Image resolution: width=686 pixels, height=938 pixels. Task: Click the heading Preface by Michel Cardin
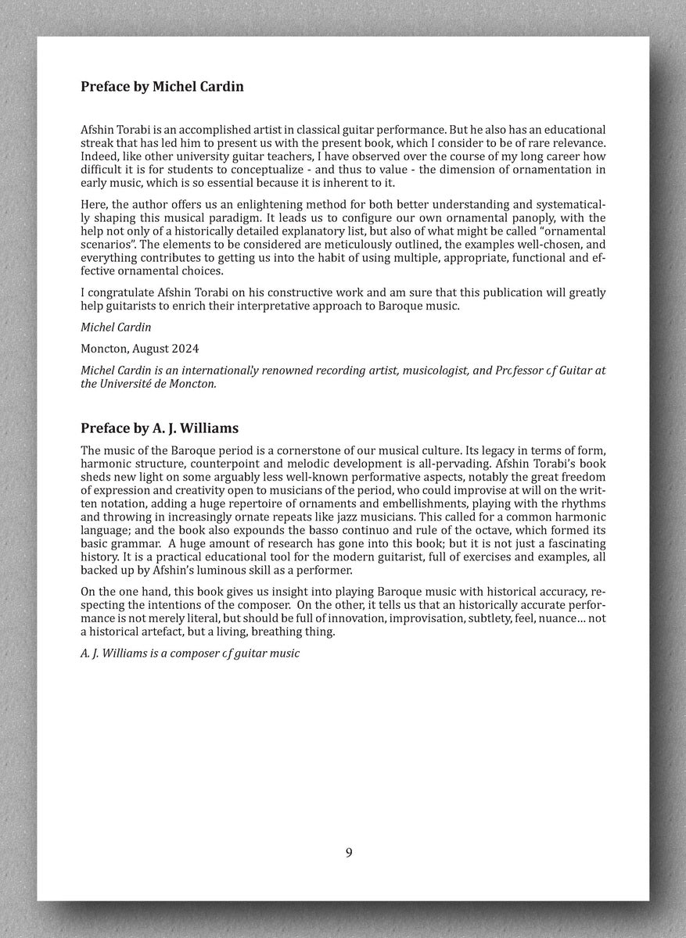pyautogui.click(x=162, y=87)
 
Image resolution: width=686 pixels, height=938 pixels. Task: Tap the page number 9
pyautogui.click(x=349, y=852)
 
